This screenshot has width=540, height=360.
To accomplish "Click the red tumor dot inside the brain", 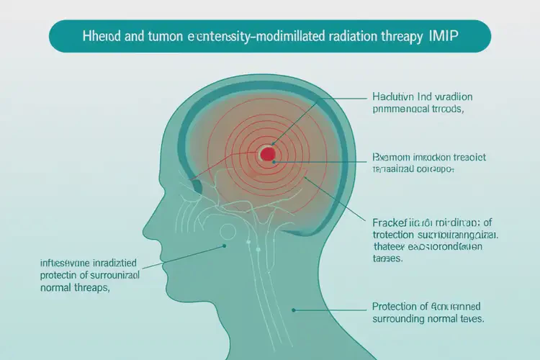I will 267,153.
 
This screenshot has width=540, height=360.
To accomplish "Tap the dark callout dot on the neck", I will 294,310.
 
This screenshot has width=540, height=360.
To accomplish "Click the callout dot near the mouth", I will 225,246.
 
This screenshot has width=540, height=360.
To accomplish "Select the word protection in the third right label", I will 399,235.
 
